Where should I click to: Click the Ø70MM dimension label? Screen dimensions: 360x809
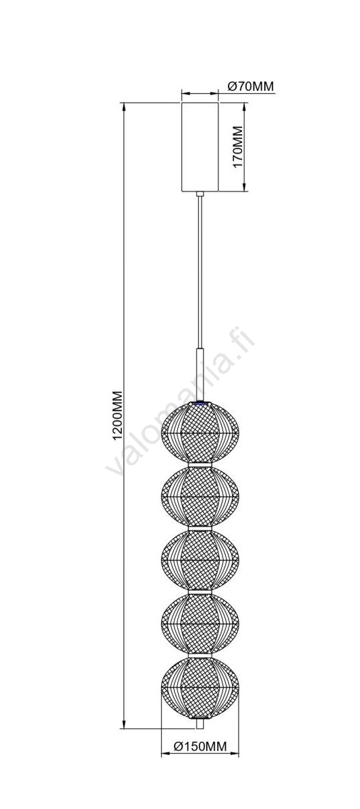coord(251,86)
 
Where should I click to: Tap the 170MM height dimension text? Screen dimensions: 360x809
coord(237,147)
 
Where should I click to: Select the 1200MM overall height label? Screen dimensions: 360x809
coord(118,415)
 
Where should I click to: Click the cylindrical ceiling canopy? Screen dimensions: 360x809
coord(200,147)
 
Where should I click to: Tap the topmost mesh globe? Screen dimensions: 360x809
coord(200,432)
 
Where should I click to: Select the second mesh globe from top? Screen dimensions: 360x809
coord(200,497)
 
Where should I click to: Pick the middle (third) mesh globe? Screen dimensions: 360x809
coord(200,560)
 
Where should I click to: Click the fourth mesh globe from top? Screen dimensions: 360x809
coord(200,624)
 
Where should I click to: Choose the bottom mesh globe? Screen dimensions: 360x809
coord(200,688)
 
